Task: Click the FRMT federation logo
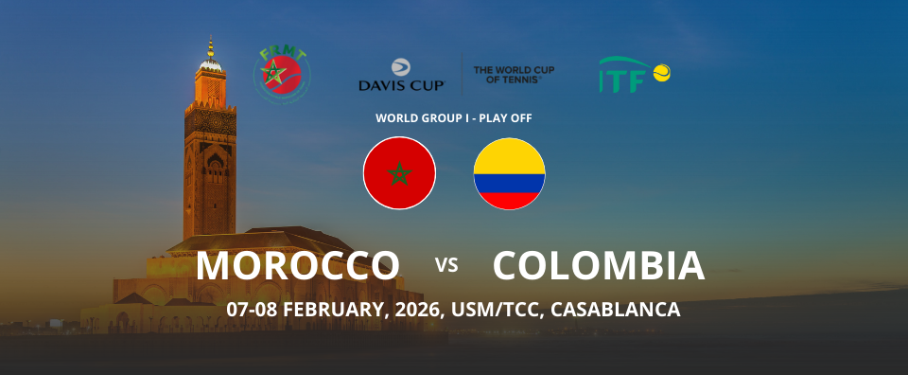[x=282, y=75]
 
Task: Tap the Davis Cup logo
[x=401, y=75]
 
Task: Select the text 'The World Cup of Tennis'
[x=514, y=74]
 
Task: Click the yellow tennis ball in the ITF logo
[x=661, y=73]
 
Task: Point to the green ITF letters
[x=622, y=81]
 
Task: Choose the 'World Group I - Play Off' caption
[x=453, y=118]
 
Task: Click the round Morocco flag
[x=399, y=172]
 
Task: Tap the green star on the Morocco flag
[x=399, y=173]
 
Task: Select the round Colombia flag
[x=509, y=173]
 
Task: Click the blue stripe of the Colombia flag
[x=509, y=183]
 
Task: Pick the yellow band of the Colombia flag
[x=509, y=156]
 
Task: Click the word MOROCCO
[x=298, y=266]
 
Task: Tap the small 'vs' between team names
[x=446, y=265]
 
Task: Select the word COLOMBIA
[x=599, y=266]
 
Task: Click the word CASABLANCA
[x=615, y=309]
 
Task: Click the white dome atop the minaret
[x=210, y=63]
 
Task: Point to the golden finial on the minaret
[x=210, y=46]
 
